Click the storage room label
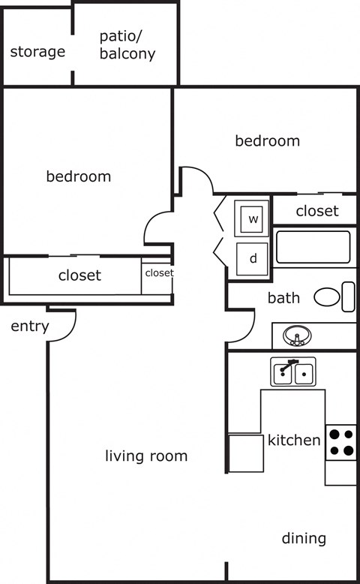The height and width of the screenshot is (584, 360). [x=37, y=53]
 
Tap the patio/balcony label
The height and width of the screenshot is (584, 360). [x=127, y=45]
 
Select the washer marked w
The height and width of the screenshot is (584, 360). [x=253, y=219]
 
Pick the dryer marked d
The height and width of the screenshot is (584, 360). [x=253, y=259]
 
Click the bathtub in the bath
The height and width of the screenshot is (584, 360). [x=313, y=247]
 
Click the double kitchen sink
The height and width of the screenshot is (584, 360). [x=293, y=372]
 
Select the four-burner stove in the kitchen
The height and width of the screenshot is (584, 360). [x=341, y=442]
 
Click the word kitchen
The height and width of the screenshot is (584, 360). [x=294, y=440]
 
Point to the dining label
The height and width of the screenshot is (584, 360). [x=304, y=538]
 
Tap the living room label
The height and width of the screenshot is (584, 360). [x=146, y=456]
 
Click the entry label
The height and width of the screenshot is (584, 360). [x=30, y=327]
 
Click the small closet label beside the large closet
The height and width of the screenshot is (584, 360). [x=159, y=273]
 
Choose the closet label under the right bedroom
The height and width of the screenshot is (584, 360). [x=316, y=212]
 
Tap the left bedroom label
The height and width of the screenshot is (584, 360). [x=79, y=177]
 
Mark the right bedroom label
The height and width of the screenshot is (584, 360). [x=268, y=141]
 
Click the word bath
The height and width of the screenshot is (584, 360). [x=283, y=298]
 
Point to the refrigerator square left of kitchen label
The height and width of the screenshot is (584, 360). [x=245, y=453]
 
